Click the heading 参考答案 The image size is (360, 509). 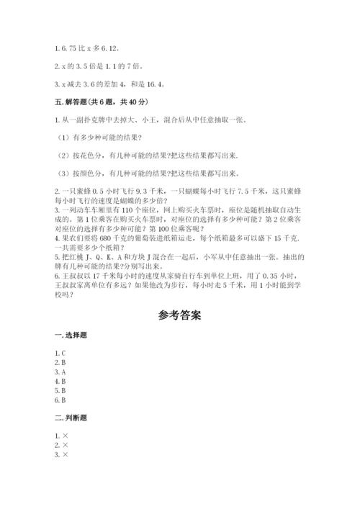[180, 315]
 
